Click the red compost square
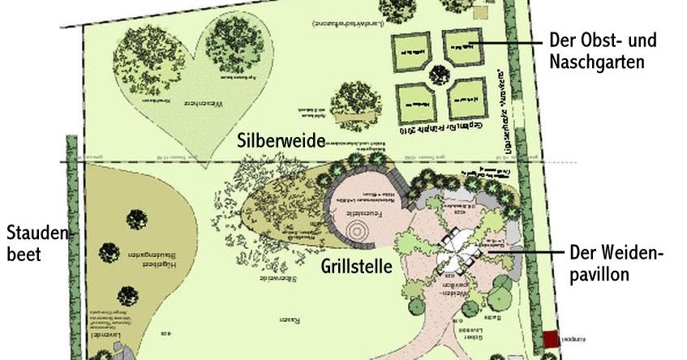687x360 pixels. point(552,339)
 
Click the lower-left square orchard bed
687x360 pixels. point(416,104)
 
